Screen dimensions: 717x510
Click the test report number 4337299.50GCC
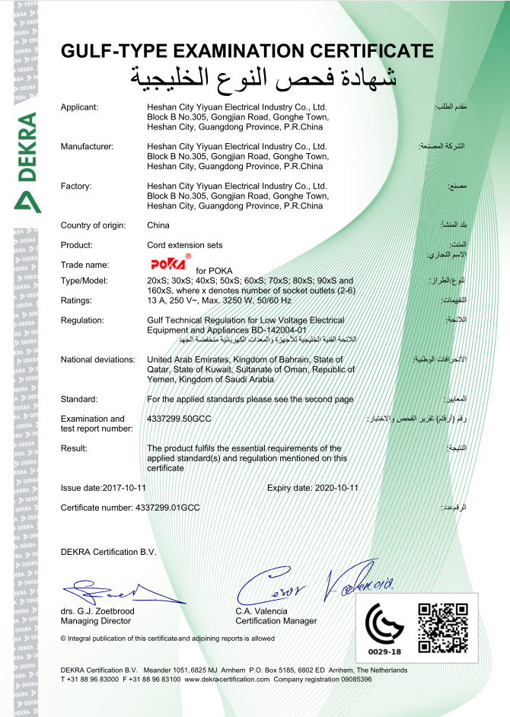[183, 419]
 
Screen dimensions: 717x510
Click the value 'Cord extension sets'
[182, 245]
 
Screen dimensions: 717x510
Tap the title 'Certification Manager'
[276, 620]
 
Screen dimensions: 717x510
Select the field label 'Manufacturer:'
[87, 145]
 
